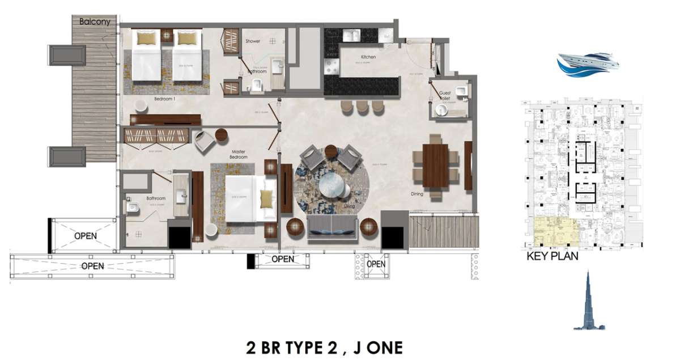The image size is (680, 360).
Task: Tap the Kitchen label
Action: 368,57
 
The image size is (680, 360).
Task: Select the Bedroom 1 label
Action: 165,99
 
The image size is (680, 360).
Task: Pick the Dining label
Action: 417,194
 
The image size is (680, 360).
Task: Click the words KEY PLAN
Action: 552,256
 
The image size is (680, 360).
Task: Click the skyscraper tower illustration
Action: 589,303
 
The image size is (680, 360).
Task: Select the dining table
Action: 435,166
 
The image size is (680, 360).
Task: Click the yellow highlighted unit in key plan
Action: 556,231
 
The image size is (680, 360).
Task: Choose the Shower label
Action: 253,41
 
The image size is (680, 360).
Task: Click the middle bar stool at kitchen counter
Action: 362,107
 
